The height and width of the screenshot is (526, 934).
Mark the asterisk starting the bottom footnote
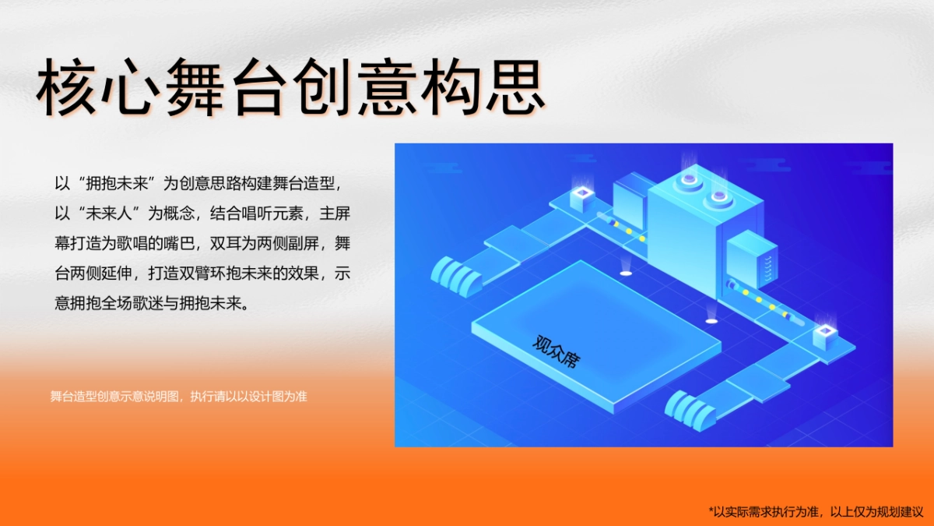(711, 510)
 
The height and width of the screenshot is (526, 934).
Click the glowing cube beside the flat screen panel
(581, 197)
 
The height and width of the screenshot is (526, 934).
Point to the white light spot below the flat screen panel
(625, 273)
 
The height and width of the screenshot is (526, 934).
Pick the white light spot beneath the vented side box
(711, 319)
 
